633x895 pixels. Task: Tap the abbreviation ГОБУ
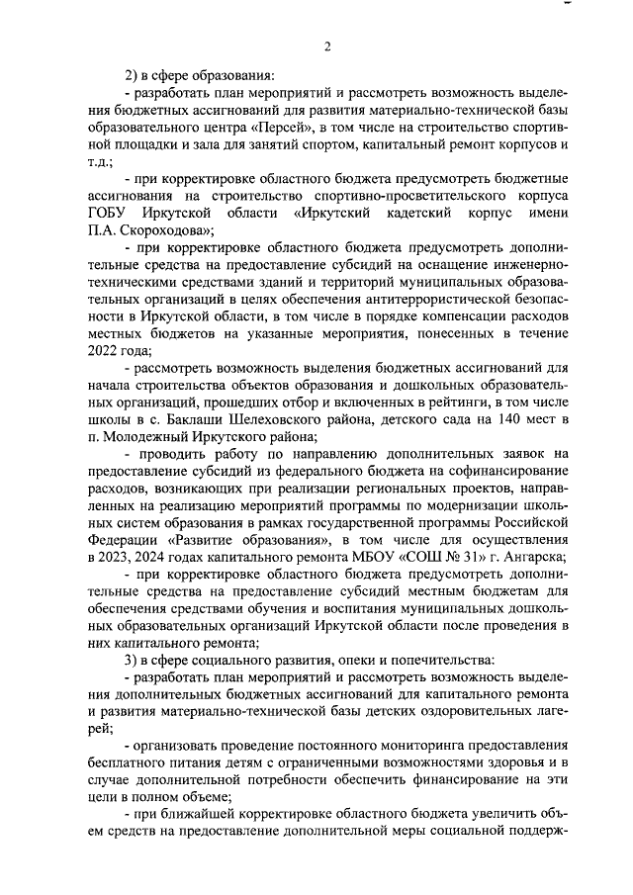point(111,213)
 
